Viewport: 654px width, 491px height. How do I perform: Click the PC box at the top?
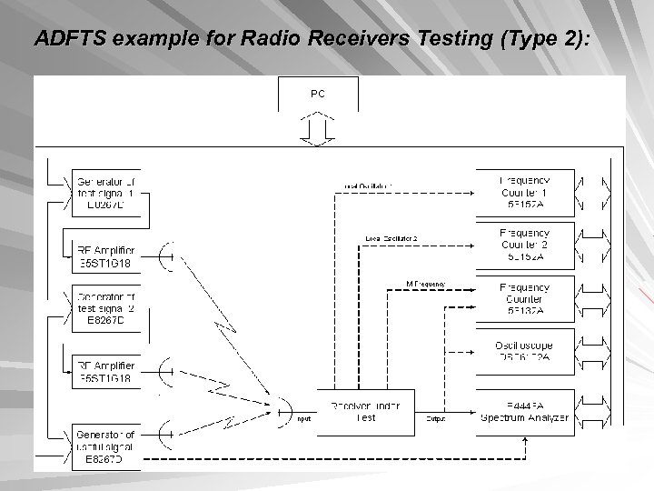[317, 94]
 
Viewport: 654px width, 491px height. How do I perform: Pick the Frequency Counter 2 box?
[526, 244]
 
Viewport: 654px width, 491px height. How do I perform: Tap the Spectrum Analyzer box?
[526, 412]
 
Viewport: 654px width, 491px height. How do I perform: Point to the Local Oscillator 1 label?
[367, 186]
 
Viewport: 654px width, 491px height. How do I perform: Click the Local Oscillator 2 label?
[391, 239]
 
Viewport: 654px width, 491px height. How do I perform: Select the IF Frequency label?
[426, 285]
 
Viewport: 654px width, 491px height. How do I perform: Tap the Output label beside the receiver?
[436, 419]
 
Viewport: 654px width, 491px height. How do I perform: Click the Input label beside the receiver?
[303, 419]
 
